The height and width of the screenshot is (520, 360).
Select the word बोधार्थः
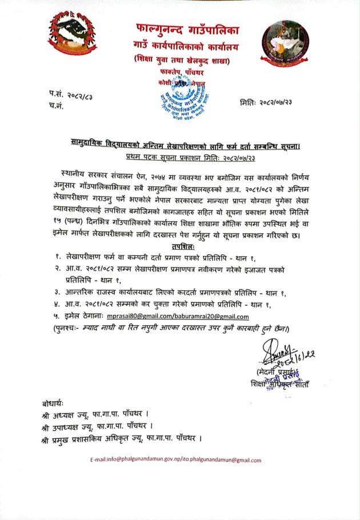(55, 403)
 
